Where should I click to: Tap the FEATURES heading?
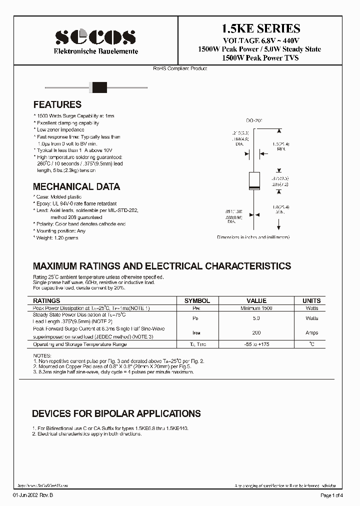57,105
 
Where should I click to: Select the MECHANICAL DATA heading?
76,187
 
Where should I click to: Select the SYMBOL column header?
197,301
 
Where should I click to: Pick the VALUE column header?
256,301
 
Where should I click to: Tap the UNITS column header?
311,301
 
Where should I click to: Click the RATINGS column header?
46,301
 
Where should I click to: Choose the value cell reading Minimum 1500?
256,308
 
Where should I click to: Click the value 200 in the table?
256,332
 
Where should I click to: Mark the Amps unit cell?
311,332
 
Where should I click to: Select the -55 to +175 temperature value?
256,344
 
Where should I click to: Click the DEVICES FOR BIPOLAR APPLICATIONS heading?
116,414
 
